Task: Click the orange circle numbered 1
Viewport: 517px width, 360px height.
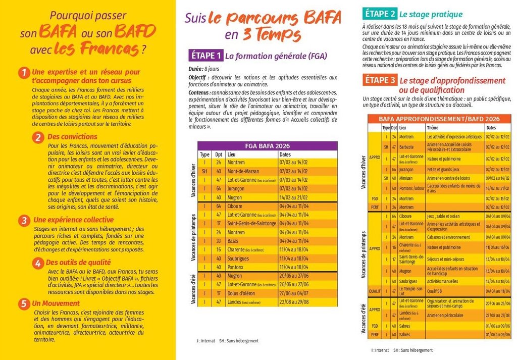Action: pos(23,73)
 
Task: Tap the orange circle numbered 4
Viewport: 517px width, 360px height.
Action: pos(38,263)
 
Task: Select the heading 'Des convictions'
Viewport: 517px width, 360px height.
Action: pos(72,137)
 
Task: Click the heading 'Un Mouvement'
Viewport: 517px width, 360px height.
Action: pos(56,303)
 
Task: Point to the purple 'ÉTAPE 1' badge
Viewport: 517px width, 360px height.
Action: pos(205,56)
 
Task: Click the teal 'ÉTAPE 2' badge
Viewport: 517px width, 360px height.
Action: pos(379,14)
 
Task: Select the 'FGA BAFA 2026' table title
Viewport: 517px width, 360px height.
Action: pos(267,146)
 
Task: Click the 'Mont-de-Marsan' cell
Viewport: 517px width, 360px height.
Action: pos(243,171)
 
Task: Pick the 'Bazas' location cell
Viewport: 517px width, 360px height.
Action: pos(233,241)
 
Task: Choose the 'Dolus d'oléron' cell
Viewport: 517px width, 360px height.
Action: pos(245,293)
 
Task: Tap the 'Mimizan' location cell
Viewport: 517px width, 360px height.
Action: pos(407,178)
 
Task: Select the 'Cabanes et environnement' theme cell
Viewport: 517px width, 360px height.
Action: pos(448,237)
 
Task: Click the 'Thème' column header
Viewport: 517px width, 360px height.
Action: pos(433,128)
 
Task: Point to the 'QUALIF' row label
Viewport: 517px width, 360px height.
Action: pos(374,291)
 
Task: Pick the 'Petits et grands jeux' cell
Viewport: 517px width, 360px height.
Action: pos(444,170)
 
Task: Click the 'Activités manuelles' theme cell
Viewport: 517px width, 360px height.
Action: pos(443,281)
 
